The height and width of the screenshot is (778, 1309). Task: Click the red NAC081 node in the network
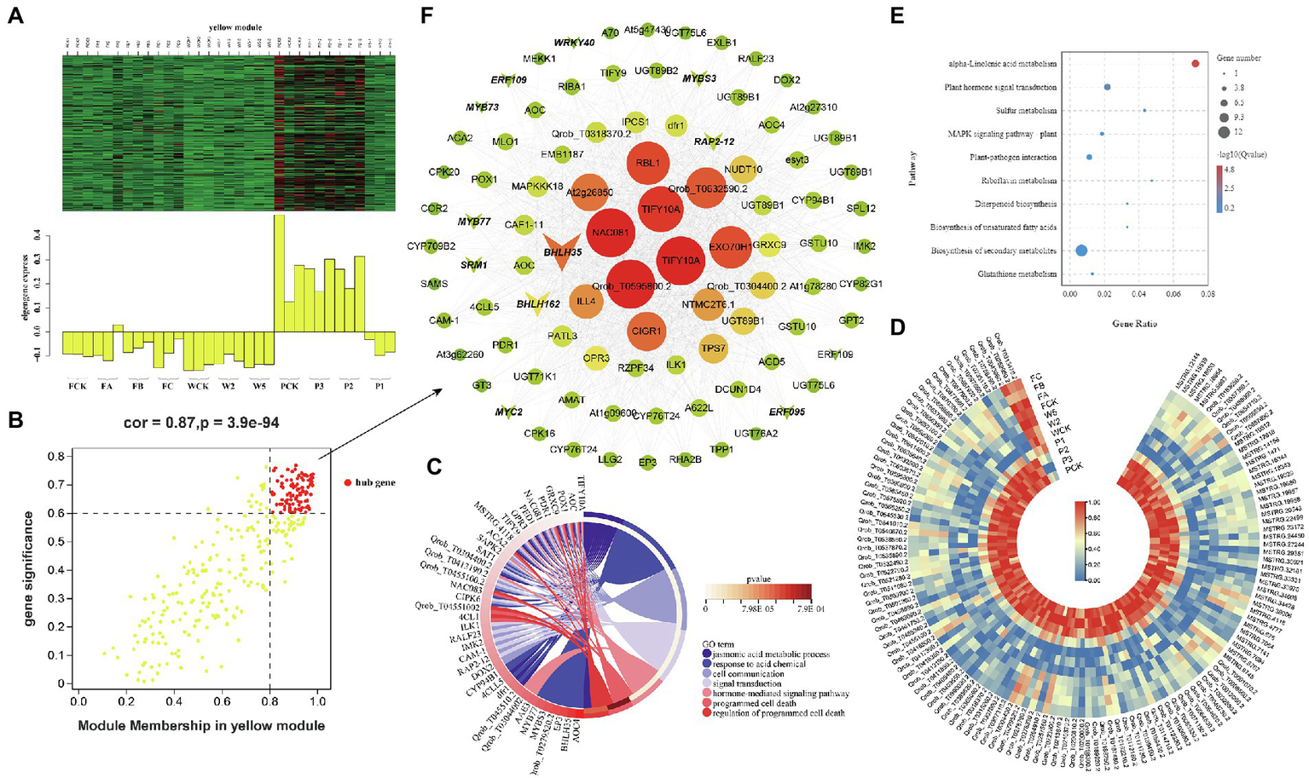(x=611, y=233)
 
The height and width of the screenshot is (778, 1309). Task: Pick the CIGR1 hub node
(x=646, y=331)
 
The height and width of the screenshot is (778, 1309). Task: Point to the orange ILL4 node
(x=586, y=301)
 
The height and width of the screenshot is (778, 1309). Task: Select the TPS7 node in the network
(x=713, y=349)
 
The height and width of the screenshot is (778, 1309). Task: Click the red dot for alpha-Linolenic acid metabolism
(x=1195, y=63)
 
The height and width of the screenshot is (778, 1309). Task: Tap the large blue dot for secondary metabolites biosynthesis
(x=1081, y=251)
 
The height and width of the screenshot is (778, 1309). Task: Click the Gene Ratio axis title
(x=1134, y=324)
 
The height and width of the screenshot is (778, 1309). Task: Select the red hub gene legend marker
(x=347, y=482)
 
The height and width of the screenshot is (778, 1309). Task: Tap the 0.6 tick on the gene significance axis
(x=56, y=513)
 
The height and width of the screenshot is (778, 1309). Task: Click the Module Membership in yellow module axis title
(x=201, y=725)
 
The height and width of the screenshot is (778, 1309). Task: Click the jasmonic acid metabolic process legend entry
(x=771, y=654)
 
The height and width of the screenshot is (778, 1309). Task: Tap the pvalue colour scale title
(x=758, y=579)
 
